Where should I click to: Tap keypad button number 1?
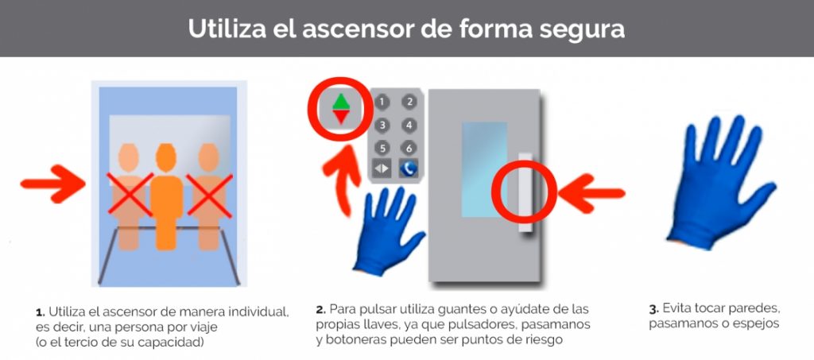tap(382, 103)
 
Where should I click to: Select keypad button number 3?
tap(382, 125)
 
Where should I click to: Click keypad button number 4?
tap(409, 125)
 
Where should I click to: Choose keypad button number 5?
tap(382, 149)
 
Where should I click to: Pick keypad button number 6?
tap(409, 149)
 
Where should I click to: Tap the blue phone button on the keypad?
tap(409, 168)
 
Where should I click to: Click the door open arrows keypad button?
tap(382, 168)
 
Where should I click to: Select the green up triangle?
tap(341, 101)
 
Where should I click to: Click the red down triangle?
tap(341, 118)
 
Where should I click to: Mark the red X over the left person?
tap(130, 194)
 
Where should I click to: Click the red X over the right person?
tap(210, 195)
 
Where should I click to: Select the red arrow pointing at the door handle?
tap(591, 193)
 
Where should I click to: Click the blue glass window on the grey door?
tap(484, 169)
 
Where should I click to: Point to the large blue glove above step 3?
tap(719, 181)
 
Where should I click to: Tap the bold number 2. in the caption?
tap(321, 310)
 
